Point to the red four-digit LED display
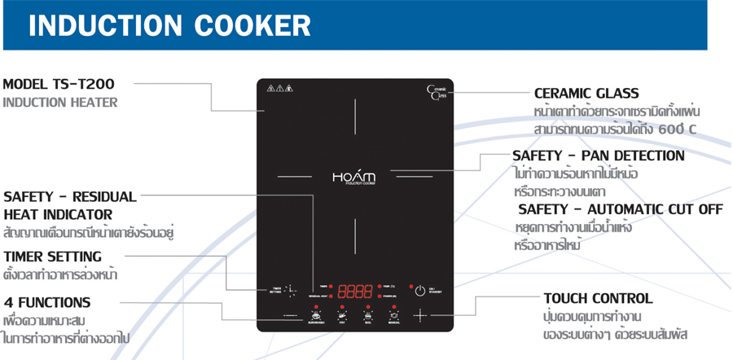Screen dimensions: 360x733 click(355, 291)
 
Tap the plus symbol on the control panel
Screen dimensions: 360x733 click(420, 315)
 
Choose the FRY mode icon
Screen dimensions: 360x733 click(343, 315)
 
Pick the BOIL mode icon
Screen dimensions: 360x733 click(368, 315)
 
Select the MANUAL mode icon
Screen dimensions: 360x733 click(393, 315)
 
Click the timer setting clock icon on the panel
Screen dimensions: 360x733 click(291, 290)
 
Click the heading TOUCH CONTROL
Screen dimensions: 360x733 click(597, 298)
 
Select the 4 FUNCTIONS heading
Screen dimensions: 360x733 click(47, 302)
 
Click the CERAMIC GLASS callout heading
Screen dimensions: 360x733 click(586, 94)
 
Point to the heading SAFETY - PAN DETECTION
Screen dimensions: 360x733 click(598, 156)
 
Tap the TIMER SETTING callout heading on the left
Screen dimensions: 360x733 click(52, 257)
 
